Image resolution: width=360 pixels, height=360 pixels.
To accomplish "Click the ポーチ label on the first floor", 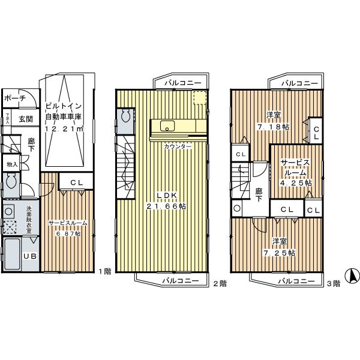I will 14,98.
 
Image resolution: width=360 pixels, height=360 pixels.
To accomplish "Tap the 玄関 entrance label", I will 25,118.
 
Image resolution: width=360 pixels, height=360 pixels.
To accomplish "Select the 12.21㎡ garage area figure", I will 64,128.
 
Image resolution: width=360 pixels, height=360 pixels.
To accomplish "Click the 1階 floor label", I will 105,271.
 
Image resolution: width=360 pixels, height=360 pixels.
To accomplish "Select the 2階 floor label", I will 219,283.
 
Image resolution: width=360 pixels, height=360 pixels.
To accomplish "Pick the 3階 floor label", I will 333,283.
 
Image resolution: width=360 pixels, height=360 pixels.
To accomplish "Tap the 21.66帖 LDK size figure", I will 166,206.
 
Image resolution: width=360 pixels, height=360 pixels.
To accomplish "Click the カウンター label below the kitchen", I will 178,146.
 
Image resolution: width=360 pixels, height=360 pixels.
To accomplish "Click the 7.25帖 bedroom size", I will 283,253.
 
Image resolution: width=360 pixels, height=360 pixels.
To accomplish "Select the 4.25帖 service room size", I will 294,182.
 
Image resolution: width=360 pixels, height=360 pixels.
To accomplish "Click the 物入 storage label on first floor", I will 12,164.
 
